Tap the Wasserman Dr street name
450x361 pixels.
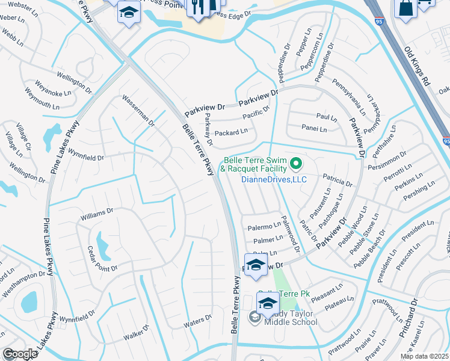click(x=139, y=111)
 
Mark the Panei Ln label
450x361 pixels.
click(x=315, y=129)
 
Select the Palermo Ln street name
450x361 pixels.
click(x=265, y=227)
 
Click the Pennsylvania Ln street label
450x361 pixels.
click(x=349, y=97)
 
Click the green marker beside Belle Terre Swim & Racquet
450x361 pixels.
click(x=295, y=163)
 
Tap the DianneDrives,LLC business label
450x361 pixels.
click(x=274, y=179)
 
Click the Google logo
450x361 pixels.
click(x=20, y=354)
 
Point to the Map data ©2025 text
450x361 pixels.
click(x=424, y=356)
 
